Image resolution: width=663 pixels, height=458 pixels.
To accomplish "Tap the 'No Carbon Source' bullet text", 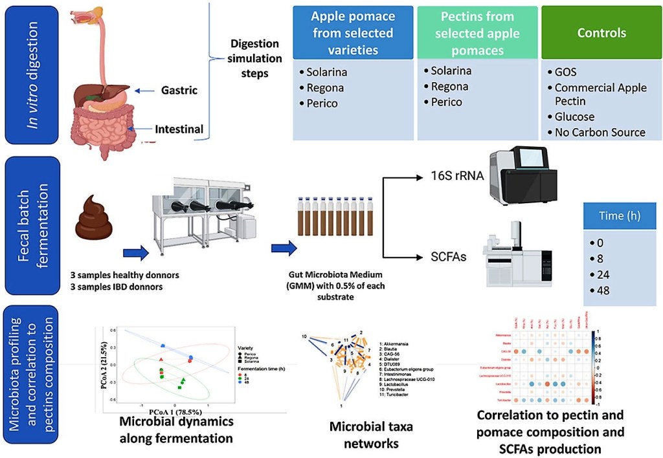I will pyautogui.click(x=600, y=132).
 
